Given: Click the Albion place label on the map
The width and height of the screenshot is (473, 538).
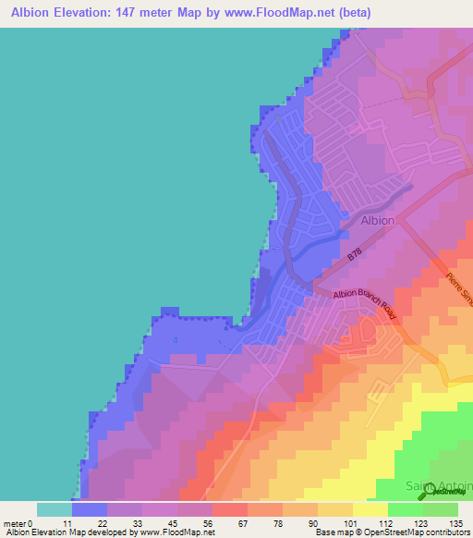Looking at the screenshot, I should click(377, 221).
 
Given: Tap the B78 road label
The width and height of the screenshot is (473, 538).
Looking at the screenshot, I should click(356, 255).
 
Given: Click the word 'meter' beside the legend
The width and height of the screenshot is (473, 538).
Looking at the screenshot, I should click(17, 522).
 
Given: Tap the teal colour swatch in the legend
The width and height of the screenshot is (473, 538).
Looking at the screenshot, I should click(54, 509).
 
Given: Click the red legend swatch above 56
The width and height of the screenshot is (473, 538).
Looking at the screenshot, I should click(229, 509).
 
